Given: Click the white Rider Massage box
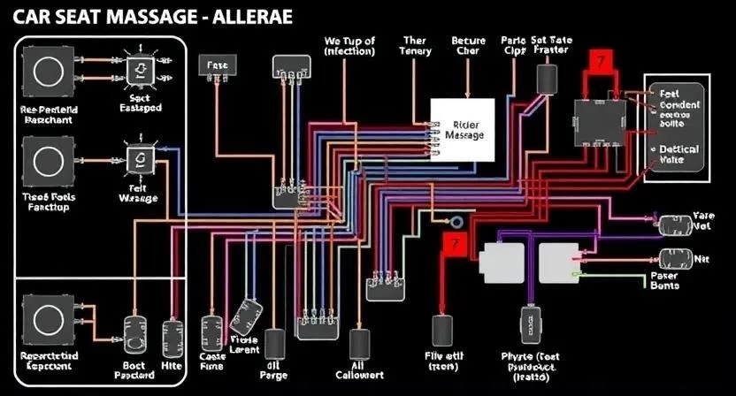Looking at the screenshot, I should pyautogui.click(x=462, y=129).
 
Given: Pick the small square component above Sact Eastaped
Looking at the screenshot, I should pyautogui.click(x=141, y=70).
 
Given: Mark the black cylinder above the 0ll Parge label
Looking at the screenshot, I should pyautogui.click(x=274, y=343).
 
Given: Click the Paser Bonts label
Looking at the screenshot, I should pyautogui.click(x=664, y=279).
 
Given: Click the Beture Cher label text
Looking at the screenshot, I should pyautogui.click(x=468, y=46).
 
